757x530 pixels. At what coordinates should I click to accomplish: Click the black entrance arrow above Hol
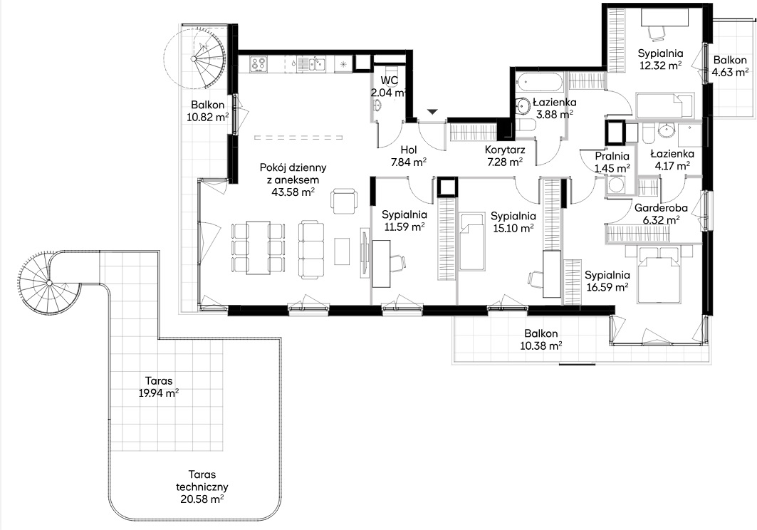pyautogui.click(x=432, y=112)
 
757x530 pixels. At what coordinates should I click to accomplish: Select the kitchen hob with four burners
pyautogui.click(x=259, y=64)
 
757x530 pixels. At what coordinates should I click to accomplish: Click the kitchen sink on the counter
pyautogui.click(x=312, y=63)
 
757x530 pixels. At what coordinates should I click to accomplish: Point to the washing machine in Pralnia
pyautogui.click(x=615, y=185)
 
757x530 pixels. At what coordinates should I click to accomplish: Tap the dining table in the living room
pyautogui.click(x=258, y=248)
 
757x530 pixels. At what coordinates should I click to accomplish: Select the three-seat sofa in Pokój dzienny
pyautogui.click(x=311, y=250)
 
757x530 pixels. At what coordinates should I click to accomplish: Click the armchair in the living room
pyautogui.click(x=345, y=201)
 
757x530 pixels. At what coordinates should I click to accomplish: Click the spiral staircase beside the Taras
pyautogui.click(x=48, y=283)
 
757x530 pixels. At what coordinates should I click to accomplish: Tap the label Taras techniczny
pyautogui.click(x=202, y=481)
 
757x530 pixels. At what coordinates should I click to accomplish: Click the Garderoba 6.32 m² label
pyautogui.click(x=660, y=214)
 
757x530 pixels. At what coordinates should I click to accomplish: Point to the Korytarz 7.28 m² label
pyautogui.click(x=504, y=155)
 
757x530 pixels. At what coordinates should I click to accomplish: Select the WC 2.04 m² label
pyautogui.click(x=389, y=86)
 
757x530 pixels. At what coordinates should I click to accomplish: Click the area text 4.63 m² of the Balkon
pyautogui.click(x=729, y=73)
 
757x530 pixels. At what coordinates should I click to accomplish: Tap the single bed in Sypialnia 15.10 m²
pyautogui.click(x=472, y=241)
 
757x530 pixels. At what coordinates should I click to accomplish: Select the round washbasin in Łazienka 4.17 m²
pyautogui.click(x=667, y=130)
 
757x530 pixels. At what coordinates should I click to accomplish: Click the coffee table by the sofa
pyautogui.click(x=342, y=251)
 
